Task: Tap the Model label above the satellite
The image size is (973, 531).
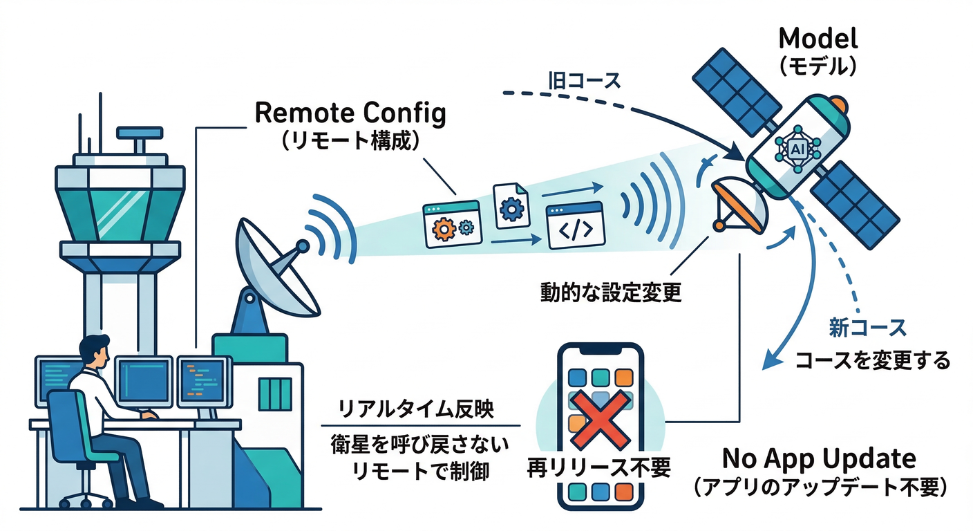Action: pos(818,38)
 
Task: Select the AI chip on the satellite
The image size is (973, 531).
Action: pos(797,149)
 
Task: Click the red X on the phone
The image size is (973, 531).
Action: pos(599,418)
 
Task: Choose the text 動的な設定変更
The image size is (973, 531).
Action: pos(611,292)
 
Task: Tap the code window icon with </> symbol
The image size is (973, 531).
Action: pos(576,226)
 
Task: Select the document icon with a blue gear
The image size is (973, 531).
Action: pos(511,206)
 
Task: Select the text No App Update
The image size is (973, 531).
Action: pos(819,458)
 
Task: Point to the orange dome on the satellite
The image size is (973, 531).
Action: pos(838,105)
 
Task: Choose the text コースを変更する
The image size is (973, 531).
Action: pos(871,360)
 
